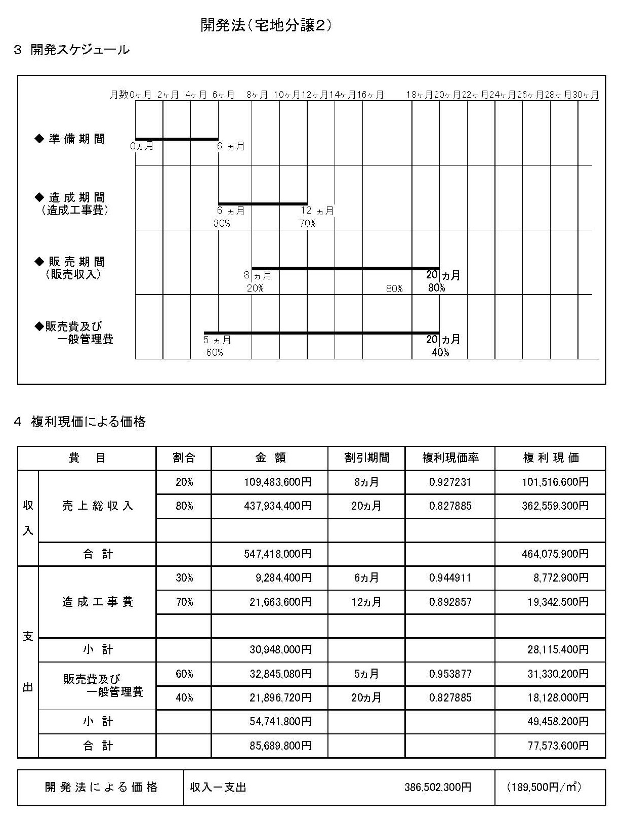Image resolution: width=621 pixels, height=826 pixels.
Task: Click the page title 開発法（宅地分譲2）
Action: click(266, 26)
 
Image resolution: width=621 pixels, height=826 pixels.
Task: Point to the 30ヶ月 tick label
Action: click(586, 95)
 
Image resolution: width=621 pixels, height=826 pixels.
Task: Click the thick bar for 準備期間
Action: click(177, 139)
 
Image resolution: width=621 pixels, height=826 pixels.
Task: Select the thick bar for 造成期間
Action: click(263, 204)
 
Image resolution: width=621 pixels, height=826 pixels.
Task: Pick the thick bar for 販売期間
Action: click(345, 268)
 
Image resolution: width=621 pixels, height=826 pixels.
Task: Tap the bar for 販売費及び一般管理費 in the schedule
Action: click(321, 333)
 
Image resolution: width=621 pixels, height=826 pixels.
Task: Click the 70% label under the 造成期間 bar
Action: click(307, 223)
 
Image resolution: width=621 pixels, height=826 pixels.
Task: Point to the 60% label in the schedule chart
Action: click(215, 352)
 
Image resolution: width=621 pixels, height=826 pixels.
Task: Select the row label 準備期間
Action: click(77, 139)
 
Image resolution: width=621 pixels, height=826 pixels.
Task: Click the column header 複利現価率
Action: click(450, 458)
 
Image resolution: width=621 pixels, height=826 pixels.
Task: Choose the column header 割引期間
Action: click(367, 458)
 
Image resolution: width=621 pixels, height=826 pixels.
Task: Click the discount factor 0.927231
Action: click(450, 482)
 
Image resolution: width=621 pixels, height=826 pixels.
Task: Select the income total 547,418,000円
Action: click(277, 554)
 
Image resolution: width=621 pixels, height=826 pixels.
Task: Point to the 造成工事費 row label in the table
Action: click(97, 602)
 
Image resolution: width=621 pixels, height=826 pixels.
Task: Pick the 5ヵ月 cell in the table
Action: click(366, 674)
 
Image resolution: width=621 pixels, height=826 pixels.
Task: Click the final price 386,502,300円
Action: click(438, 788)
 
